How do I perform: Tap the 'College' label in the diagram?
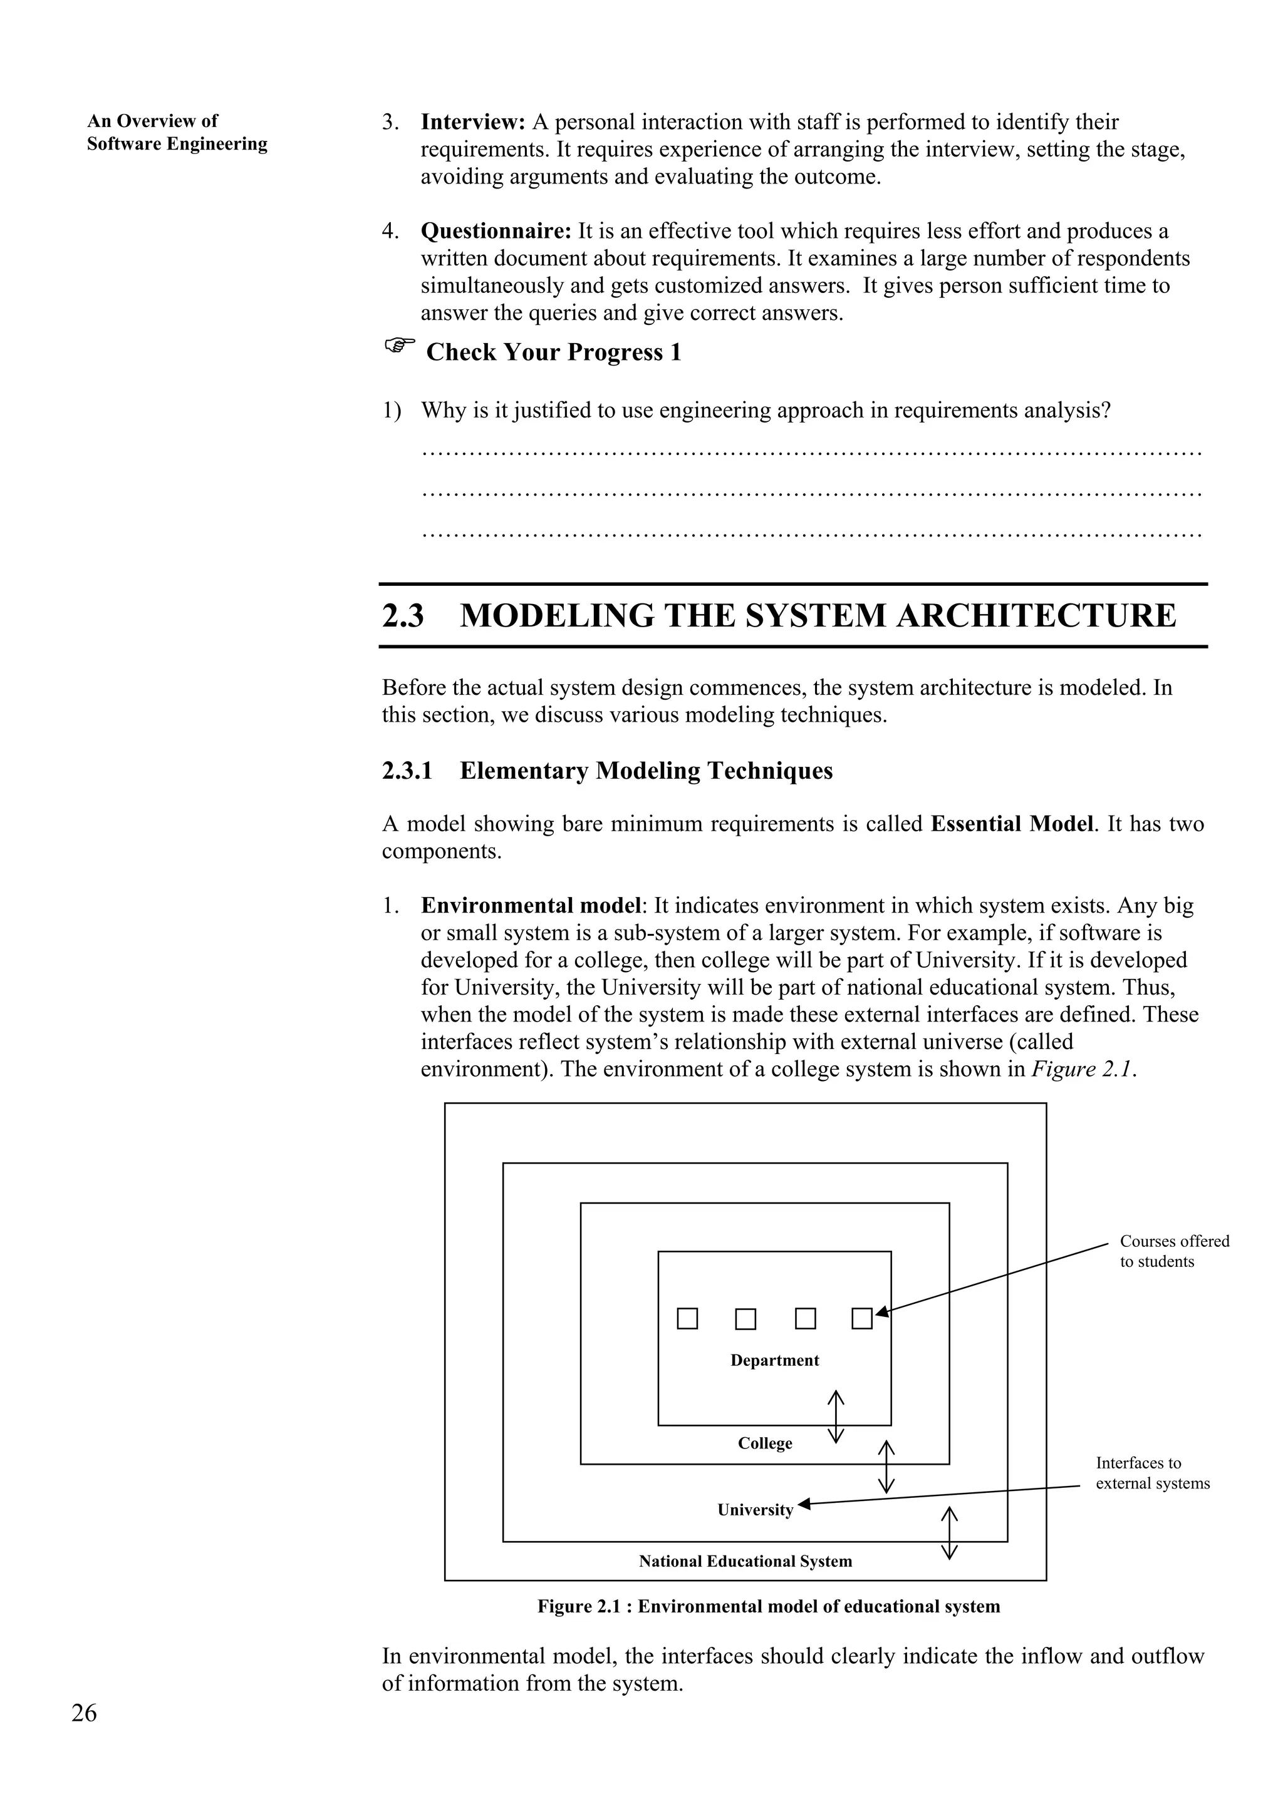[764, 1443]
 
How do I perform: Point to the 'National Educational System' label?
[745, 1560]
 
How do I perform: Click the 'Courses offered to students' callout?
[1174, 1251]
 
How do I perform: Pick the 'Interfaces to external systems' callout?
[1152, 1473]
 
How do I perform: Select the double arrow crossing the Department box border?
[836, 1416]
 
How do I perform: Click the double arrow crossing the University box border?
[948, 1533]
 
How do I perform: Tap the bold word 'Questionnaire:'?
[496, 231]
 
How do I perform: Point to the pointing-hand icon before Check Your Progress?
[399, 346]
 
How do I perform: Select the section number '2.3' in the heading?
[403, 615]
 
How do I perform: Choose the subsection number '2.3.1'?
[407, 771]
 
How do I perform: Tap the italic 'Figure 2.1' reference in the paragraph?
[1083, 1069]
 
